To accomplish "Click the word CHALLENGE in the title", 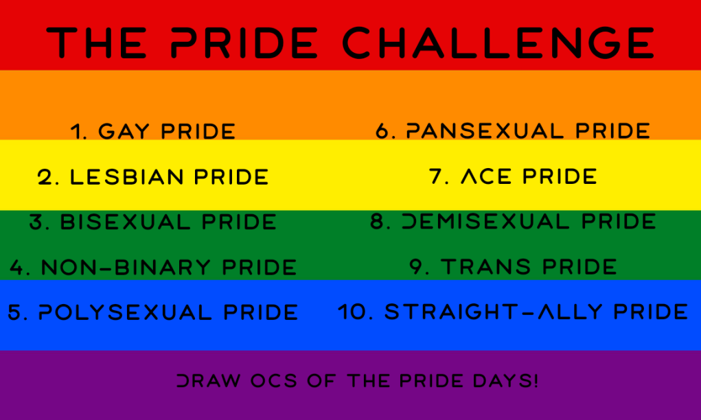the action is [x=498, y=43].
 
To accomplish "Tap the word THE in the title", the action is [x=97, y=43].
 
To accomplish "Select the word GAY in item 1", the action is [x=124, y=131].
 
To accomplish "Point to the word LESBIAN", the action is [x=127, y=177].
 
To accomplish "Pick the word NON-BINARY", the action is [x=126, y=267].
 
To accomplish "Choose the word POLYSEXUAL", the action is [x=125, y=312].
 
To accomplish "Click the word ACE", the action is [x=486, y=176].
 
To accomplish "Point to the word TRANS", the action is [x=486, y=267].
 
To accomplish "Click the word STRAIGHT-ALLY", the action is [x=493, y=312].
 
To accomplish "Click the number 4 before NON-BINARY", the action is [x=17, y=267].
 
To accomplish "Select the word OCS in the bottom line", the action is [x=274, y=381].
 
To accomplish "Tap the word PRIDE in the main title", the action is [x=244, y=43].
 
